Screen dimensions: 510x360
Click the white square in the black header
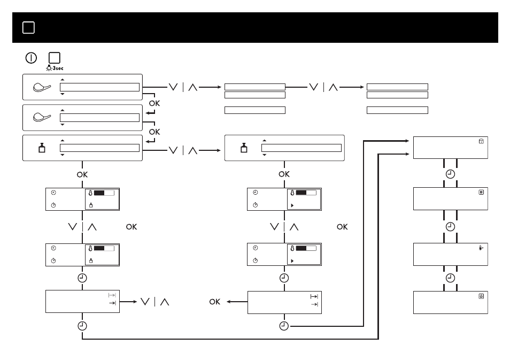coord(29,28)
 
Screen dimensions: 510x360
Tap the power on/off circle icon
coord(31,58)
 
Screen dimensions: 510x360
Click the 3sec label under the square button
coord(58,68)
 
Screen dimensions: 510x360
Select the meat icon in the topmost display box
coord(42,87)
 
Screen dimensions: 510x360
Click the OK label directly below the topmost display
coord(154,103)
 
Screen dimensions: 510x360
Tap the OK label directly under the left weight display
coord(82,174)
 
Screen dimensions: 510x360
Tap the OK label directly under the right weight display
coord(284,174)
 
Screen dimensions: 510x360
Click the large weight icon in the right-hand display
coord(244,148)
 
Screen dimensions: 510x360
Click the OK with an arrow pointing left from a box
coord(215,302)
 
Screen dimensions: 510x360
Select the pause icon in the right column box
coord(481,193)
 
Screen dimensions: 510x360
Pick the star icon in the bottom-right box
coord(481,296)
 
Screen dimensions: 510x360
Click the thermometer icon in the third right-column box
coord(481,248)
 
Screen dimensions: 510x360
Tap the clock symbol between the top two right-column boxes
coord(450,174)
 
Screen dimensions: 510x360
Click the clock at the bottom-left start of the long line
coord(82,326)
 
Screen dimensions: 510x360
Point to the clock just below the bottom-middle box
coord(284,326)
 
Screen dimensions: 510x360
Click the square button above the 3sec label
coord(55,58)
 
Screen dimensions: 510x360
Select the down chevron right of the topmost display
coord(173,87)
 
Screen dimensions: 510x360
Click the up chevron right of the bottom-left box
coord(165,302)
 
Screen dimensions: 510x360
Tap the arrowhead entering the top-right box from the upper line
coord(407,141)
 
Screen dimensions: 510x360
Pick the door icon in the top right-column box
coord(481,141)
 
